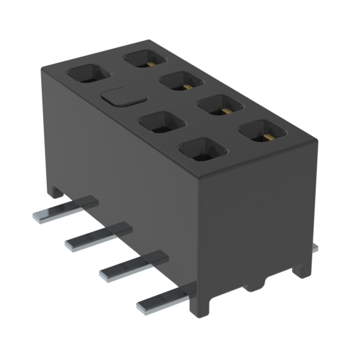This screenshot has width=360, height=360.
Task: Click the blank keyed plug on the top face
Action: click(123, 97)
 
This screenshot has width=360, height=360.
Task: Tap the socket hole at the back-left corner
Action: click(88, 74)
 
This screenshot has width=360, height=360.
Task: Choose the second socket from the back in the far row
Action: click(181, 81)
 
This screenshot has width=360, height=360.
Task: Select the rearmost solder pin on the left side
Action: click(65, 209)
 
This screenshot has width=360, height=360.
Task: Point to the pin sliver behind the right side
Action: click(315, 247)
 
